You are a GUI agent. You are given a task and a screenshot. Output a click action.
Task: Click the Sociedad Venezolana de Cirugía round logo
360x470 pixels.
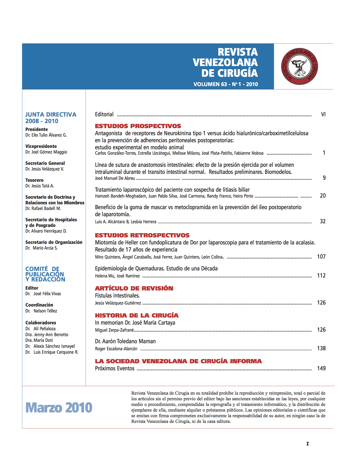pos(300,66)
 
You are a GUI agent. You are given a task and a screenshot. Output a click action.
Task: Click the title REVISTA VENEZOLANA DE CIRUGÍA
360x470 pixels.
pos(225,62)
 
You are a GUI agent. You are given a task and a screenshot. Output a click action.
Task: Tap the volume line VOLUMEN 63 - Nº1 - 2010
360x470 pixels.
pos(225,84)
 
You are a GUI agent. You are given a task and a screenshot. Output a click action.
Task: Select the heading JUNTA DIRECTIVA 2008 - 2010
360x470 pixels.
pos(51,118)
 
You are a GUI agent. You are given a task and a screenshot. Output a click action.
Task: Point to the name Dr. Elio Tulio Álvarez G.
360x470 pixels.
pos(46,135)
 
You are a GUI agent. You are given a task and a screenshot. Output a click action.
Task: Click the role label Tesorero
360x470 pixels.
pos(34,180)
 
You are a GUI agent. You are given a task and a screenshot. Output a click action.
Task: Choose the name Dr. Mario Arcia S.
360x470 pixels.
pos(42,248)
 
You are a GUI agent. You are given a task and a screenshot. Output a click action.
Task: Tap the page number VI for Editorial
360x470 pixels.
pos(323,114)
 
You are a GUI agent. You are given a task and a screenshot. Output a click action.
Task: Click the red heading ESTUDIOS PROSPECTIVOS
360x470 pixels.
pos(138,126)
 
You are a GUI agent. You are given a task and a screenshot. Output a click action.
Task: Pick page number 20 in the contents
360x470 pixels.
pos(323,196)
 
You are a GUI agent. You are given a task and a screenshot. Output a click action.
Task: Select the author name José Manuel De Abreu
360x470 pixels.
pos(115,178)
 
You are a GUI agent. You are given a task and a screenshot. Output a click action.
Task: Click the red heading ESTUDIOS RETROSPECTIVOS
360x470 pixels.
pos(142,235)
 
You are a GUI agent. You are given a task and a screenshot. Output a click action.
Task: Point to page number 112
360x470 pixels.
pos(321,276)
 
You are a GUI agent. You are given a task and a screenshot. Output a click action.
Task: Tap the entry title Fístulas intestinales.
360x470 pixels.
pos(117,296)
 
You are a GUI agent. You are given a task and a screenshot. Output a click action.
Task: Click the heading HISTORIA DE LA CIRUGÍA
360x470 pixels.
pos(137,315)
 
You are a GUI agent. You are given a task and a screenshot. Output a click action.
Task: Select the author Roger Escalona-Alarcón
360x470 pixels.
pos(116,349)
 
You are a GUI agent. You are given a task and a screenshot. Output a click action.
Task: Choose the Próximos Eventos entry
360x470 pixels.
pos(115,368)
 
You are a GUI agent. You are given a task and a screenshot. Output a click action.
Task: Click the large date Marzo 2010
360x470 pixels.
pos(59,408)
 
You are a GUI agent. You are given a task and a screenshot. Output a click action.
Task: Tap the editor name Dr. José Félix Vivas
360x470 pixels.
pos(43,294)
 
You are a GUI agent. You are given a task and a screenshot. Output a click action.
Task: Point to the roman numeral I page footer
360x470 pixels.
pos(307,444)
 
